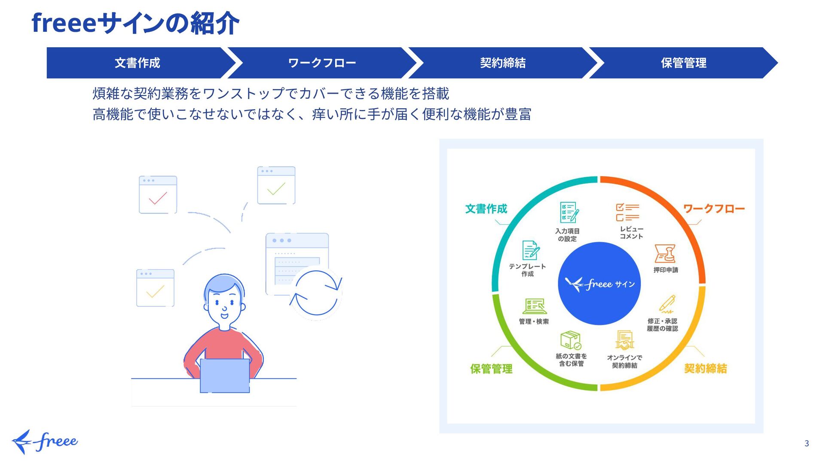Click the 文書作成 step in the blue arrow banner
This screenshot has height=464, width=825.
pos(137,63)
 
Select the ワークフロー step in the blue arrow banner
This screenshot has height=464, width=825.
pos(322,63)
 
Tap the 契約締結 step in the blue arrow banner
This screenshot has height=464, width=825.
pos(503,63)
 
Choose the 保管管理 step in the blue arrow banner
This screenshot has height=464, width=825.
pos(683,63)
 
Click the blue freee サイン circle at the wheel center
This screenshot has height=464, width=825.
pos(599,284)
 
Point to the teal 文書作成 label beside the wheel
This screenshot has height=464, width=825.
pos(486,209)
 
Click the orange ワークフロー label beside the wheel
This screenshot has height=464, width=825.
pos(714,209)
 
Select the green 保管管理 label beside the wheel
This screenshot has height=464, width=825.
pos(491,369)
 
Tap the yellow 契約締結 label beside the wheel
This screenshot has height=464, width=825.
pos(705,368)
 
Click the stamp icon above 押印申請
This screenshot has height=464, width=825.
pos(665,253)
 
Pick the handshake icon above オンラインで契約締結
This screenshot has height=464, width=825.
pos(624,340)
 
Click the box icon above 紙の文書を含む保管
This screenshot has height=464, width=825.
pos(571,340)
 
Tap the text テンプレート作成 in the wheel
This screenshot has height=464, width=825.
pos(527,270)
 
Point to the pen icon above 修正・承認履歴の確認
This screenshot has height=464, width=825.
pos(667,304)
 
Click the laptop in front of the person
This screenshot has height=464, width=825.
pos(225,375)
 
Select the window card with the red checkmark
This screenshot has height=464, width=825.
pos(158,195)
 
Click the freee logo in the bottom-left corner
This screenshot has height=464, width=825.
pos(45,441)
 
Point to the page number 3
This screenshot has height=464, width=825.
pos(807,443)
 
